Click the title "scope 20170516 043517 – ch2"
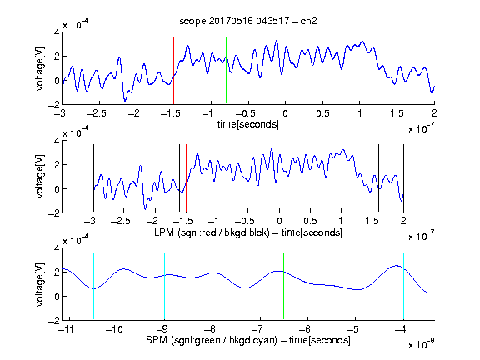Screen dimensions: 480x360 click(248, 21)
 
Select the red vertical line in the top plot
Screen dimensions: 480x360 click(173, 70)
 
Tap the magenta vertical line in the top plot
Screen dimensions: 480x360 click(397, 70)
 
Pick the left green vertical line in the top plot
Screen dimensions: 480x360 click(226, 70)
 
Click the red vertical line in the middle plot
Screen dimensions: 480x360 click(186, 178)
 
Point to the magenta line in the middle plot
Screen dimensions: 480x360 click(372, 178)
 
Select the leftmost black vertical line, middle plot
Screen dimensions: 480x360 click(93, 178)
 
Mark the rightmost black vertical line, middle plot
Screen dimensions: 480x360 click(403, 178)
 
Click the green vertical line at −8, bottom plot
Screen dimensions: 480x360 click(212, 286)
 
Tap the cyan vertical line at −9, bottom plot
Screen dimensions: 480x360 click(164, 286)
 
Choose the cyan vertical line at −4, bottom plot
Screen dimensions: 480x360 click(403, 286)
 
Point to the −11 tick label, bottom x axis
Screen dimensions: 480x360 click(66, 329)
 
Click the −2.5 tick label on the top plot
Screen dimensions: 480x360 click(97, 113)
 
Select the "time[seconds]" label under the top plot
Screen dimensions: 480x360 click(248, 124)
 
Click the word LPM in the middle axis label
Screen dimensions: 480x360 click(164, 232)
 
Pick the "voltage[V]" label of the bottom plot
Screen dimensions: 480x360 click(40, 284)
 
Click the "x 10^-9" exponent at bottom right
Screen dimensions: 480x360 click(421, 344)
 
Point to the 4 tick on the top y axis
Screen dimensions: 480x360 click(57, 32)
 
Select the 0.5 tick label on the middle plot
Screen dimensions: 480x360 click(310, 221)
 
